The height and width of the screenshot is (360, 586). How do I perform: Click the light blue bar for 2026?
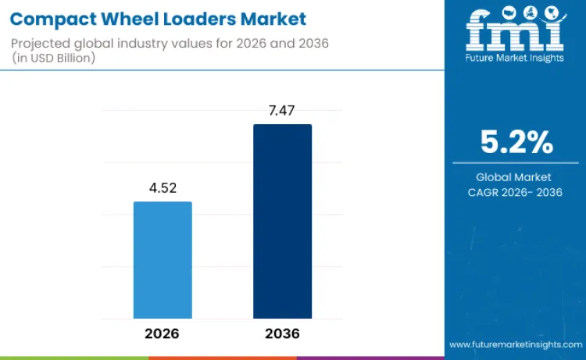point(163,259)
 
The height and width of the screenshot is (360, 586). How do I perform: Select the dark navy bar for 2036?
point(282,221)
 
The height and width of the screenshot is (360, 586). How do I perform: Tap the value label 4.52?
point(163,188)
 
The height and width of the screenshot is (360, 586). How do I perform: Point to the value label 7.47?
point(282,111)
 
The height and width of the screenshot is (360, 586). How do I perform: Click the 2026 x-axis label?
point(162,333)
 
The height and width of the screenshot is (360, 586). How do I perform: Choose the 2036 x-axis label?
point(282,333)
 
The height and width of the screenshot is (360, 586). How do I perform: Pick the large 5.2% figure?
point(516,143)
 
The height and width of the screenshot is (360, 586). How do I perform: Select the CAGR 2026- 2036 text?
point(516,192)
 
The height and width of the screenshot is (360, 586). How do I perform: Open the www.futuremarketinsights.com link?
point(515,344)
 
